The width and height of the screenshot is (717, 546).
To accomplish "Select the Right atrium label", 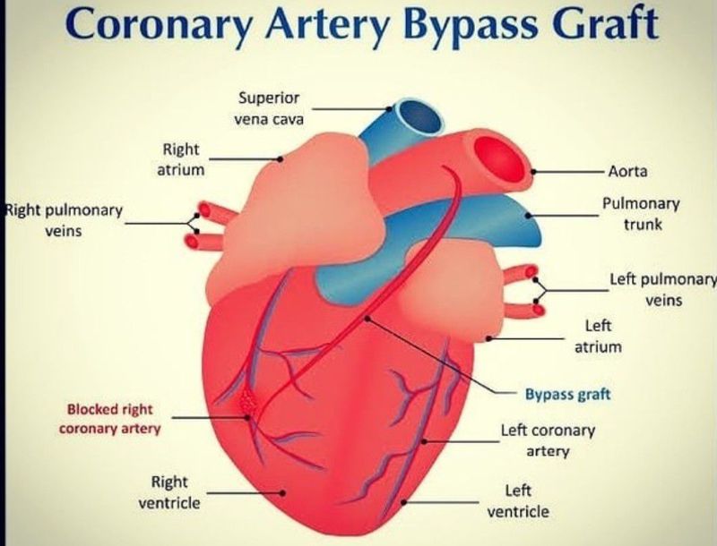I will [x=181, y=158].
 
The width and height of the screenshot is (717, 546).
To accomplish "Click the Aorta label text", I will [x=627, y=170].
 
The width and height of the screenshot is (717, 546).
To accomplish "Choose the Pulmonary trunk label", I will [x=642, y=214].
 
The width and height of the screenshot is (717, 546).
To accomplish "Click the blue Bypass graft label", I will [x=567, y=393].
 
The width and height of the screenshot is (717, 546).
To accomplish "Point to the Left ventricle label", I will [x=518, y=501].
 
